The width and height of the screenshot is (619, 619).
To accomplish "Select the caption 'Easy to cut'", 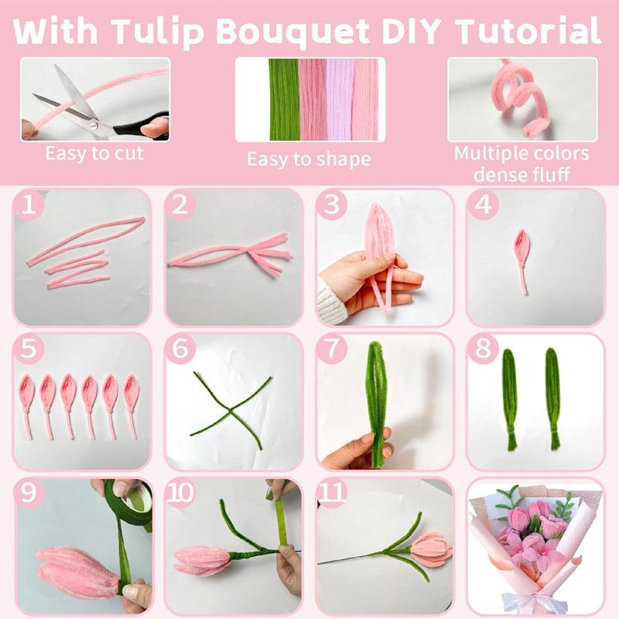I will pyautogui.click(x=94, y=152).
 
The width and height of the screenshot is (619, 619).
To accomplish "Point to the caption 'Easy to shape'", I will pyautogui.click(x=309, y=159).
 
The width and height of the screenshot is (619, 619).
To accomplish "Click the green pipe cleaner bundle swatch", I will pyautogui.click(x=282, y=99).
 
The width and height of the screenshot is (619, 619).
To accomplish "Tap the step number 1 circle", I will pyautogui.click(x=29, y=205).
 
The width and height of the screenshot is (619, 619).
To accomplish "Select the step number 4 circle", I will pyautogui.click(x=484, y=206).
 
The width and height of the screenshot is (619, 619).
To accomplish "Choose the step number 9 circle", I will pyautogui.click(x=29, y=494).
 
